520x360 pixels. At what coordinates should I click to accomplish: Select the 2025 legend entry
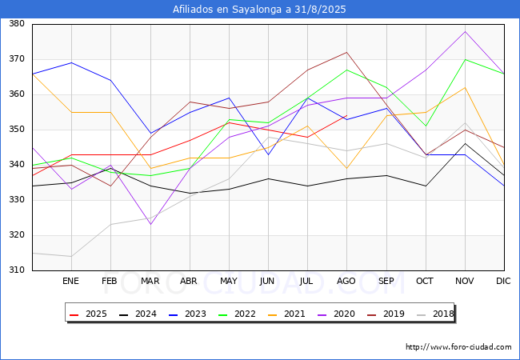(88, 314)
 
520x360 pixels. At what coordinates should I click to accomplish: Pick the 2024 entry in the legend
(138, 314)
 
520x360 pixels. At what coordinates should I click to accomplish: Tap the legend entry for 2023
(187, 314)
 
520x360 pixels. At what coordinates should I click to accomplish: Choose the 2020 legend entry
(336, 314)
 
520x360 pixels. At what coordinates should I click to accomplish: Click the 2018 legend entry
(435, 314)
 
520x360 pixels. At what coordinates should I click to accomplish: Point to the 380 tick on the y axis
(17, 23)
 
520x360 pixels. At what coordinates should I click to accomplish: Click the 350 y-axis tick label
(17, 130)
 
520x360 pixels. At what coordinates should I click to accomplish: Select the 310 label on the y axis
(17, 270)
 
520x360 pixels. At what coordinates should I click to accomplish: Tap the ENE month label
(70, 281)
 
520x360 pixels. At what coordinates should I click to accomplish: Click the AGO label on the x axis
(346, 281)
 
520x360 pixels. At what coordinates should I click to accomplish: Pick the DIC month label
(503, 281)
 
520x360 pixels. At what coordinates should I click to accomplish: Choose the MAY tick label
(229, 281)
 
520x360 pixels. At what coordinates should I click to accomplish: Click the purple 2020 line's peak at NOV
(466, 31)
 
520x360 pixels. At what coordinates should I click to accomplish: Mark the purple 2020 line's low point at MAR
(151, 225)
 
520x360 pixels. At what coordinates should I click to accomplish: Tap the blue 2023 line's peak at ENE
(72, 62)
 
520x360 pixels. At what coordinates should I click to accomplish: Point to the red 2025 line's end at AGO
(347, 115)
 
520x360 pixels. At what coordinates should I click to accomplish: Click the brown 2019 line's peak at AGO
(347, 52)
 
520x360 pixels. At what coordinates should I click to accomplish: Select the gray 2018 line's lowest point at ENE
(72, 256)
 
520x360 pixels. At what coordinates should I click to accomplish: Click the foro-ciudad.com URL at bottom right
(458, 347)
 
